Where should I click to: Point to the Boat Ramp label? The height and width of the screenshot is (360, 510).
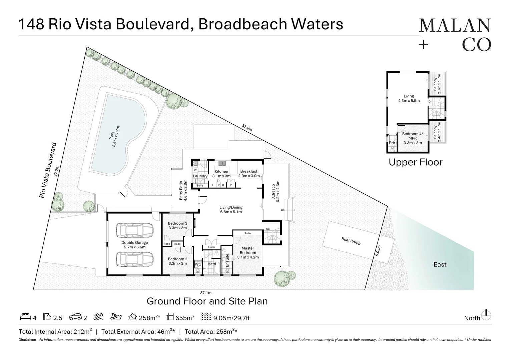pyautogui.click(x=351, y=241)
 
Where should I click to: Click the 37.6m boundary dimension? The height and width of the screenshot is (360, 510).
pyautogui.click(x=247, y=128)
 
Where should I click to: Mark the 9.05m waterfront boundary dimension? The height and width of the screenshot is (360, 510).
pyautogui.click(x=377, y=251)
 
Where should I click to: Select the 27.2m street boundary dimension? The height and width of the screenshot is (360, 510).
pyautogui.click(x=56, y=171)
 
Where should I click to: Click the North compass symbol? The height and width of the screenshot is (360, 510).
pyautogui.click(x=486, y=315)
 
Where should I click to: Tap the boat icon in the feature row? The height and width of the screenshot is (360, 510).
pyautogui.click(x=116, y=317)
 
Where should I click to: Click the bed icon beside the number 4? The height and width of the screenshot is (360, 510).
pyautogui.click(x=25, y=317)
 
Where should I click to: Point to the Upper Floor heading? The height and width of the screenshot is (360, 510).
pyautogui.click(x=416, y=162)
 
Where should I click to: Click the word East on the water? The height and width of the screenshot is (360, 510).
pyautogui.click(x=440, y=264)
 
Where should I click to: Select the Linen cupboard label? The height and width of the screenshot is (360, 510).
pyautogui.click(x=211, y=247)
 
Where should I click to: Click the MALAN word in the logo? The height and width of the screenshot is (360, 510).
pyautogui.click(x=455, y=26)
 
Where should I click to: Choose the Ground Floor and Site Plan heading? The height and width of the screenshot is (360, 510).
pyautogui.click(x=207, y=301)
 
